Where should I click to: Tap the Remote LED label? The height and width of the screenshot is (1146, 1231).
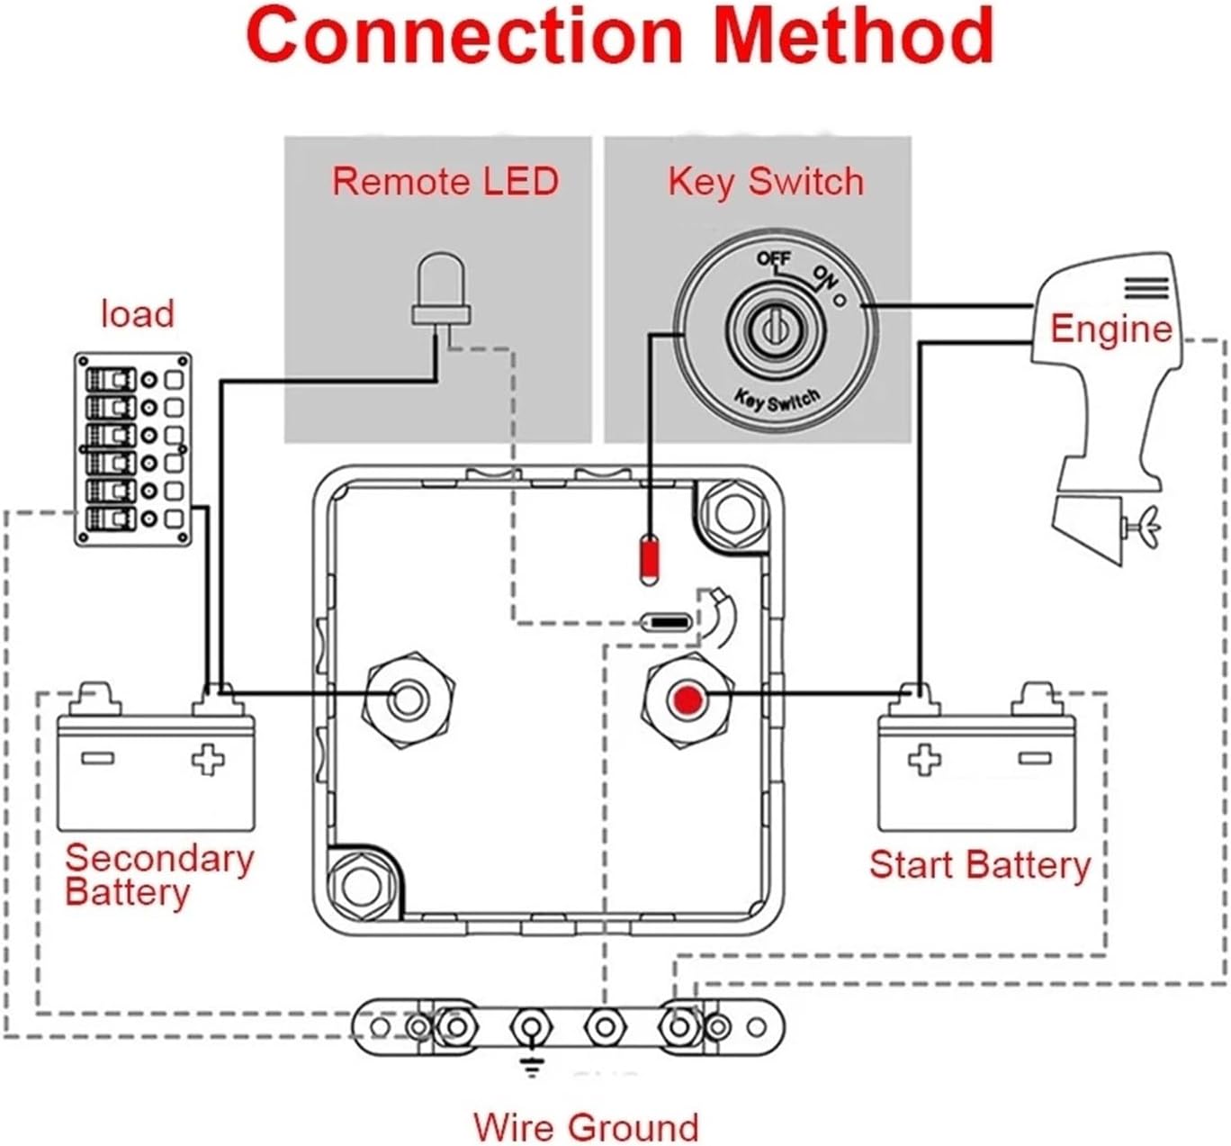(x=445, y=182)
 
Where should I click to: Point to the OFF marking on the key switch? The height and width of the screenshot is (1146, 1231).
(x=773, y=258)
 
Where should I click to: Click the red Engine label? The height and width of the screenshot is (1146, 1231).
(x=1111, y=329)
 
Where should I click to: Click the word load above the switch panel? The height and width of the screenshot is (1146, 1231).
(x=138, y=314)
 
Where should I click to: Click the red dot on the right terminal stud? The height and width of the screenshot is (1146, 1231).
(x=688, y=699)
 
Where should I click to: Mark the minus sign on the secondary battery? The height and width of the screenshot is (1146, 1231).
(x=97, y=758)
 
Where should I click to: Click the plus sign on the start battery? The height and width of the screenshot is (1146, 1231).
(x=924, y=759)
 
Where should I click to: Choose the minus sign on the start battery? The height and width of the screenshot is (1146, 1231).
(x=1035, y=758)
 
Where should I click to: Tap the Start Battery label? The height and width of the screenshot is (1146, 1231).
(x=979, y=865)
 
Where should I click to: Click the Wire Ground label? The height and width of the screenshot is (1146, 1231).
(x=586, y=1127)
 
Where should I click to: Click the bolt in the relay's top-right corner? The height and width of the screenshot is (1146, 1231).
(x=734, y=513)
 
